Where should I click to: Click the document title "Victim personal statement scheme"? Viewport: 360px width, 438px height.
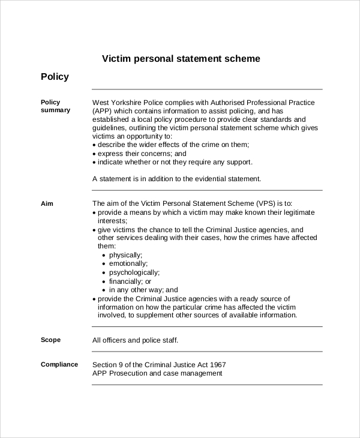coord(181,59)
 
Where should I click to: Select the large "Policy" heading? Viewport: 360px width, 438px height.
coord(55,77)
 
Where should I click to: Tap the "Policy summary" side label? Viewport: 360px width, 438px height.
coord(55,106)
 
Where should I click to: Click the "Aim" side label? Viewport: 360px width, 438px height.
coord(47,203)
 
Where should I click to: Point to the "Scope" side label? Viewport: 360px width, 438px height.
coord(50,340)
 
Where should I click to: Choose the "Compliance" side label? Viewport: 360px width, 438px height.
coord(59,364)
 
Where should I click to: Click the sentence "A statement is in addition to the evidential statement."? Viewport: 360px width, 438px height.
coord(177,179)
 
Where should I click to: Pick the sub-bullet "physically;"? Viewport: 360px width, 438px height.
coord(125,255)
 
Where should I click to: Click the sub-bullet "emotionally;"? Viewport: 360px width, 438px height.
coord(128,263)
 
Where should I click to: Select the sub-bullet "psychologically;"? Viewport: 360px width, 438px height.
coord(134,272)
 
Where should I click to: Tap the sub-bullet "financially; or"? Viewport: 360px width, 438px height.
coord(130,281)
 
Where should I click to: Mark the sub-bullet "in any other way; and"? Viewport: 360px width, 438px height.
coord(143,290)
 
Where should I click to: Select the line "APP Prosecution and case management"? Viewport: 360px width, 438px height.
coord(157,373)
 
